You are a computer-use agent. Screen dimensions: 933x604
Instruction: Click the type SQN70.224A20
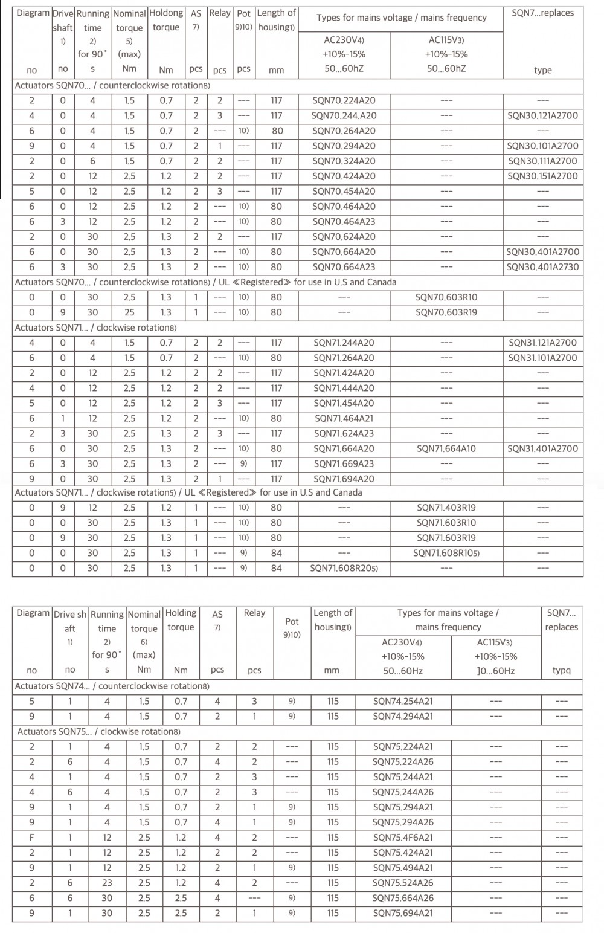[x=344, y=101]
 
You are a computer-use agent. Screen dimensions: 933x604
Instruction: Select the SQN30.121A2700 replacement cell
[x=542, y=116]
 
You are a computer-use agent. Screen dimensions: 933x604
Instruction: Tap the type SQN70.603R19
[x=446, y=312]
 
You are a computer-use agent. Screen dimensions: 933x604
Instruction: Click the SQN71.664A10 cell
[x=446, y=448]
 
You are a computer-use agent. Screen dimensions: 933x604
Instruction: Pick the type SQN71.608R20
[x=344, y=568]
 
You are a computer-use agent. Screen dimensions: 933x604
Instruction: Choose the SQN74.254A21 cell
[x=403, y=702]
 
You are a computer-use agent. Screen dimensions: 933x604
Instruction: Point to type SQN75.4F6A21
[x=403, y=838]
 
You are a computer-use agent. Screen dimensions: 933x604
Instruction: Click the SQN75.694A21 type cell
[x=403, y=913]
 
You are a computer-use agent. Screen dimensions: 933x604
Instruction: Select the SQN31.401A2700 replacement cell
[x=542, y=448]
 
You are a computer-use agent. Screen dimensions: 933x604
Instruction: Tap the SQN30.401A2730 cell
[x=542, y=267]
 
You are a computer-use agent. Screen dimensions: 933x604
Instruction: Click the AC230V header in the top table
[x=344, y=40]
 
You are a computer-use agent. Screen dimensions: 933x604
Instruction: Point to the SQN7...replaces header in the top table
[x=542, y=13]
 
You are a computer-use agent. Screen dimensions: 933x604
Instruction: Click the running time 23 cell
[x=107, y=883]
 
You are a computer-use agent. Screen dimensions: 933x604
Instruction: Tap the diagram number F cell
[x=32, y=838]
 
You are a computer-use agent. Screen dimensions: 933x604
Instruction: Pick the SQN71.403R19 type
[x=446, y=508]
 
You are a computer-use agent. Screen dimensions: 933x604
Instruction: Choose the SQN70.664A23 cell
[x=344, y=267]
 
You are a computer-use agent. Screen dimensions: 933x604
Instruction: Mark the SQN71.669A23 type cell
[x=344, y=463]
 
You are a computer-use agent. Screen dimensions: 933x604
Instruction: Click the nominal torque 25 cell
[x=129, y=312]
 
